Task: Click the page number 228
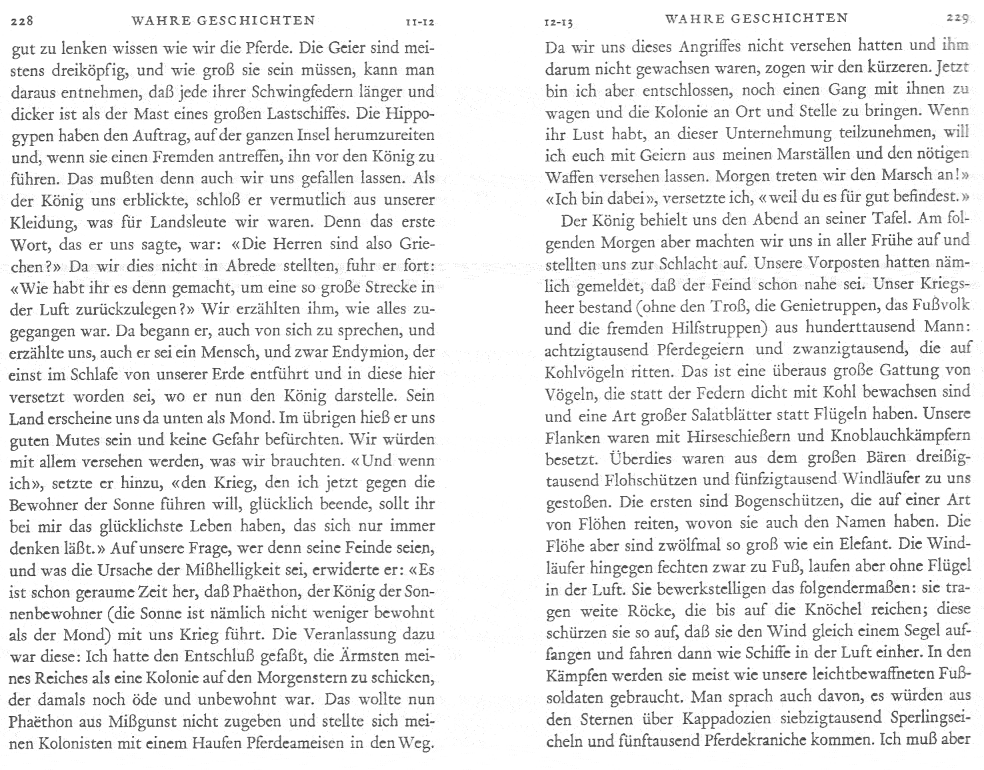(x=22, y=21)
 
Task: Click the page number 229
(x=957, y=19)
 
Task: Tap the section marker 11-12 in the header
(x=419, y=22)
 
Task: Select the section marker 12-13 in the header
(x=558, y=23)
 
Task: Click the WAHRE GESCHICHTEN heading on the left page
(x=223, y=20)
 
